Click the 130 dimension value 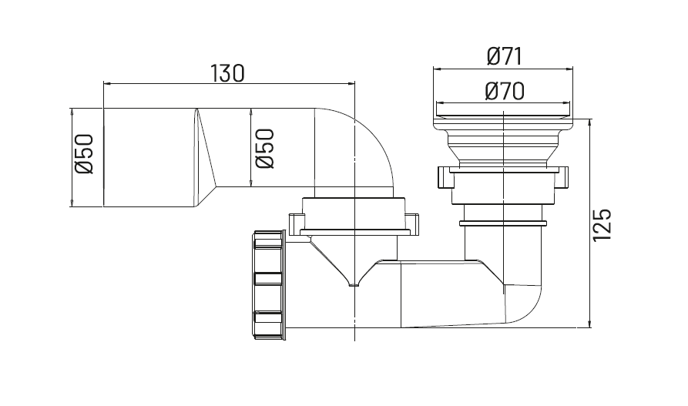[x=227, y=73]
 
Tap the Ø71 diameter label [x=505, y=57]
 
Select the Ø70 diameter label [x=505, y=92]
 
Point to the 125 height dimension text [x=602, y=225]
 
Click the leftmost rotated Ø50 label [x=84, y=154]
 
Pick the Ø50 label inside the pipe [x=265, y=149]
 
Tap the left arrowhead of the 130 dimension [x=107, y=82]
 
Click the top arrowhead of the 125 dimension [x=589, y=123]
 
